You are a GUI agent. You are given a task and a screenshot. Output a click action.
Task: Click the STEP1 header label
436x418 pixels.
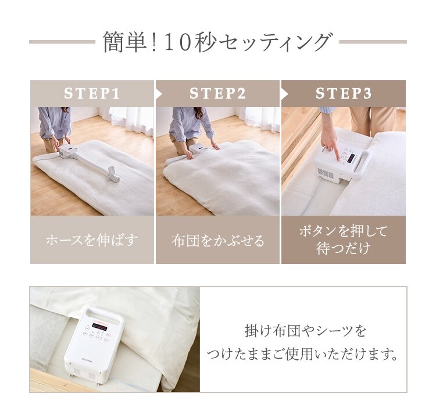click(92, 94)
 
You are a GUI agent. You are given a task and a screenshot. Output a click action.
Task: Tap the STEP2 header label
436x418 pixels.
click(218, 94)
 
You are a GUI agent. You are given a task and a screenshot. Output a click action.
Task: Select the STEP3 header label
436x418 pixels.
click(344, 94)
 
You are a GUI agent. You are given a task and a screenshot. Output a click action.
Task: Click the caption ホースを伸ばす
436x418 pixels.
click(92, 240)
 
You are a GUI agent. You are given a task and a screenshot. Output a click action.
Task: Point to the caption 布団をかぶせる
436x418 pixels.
click(218, 240)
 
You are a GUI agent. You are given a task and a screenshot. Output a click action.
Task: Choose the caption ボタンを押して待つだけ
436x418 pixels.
click(344, 240)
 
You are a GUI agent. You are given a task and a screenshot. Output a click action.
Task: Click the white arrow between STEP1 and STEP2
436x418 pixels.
click(158, 94)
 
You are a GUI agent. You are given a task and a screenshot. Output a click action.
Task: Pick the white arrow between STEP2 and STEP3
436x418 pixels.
click(284, 94)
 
